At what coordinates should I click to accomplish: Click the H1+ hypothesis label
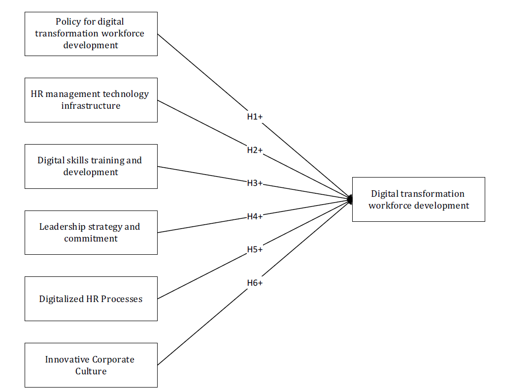[255, 117]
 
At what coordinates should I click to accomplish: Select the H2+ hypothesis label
[255, 150]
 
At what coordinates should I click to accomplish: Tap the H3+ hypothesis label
[255, 183]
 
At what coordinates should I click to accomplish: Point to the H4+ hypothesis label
[255, 216]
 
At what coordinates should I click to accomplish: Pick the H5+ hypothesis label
[255, 249]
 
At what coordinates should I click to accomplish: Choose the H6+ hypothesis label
[255, 283]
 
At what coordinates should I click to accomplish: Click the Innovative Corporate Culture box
[91, 365]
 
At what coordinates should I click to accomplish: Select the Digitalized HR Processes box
[91, 299]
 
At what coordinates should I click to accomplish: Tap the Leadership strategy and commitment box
[91, 233]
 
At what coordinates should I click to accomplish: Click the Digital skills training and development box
[91, 166]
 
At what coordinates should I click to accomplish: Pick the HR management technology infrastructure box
[91, 100]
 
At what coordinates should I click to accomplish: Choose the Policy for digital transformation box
[91, 33]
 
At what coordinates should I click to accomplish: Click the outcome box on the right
[419, 199]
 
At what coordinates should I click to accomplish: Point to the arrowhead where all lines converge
[350, 199]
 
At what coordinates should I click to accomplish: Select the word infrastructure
[91, 106]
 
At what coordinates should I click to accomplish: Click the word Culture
[91, 371]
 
